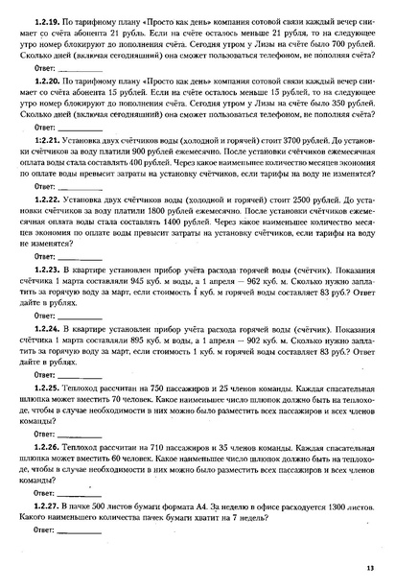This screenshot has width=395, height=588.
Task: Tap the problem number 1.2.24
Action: point(45,325)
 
